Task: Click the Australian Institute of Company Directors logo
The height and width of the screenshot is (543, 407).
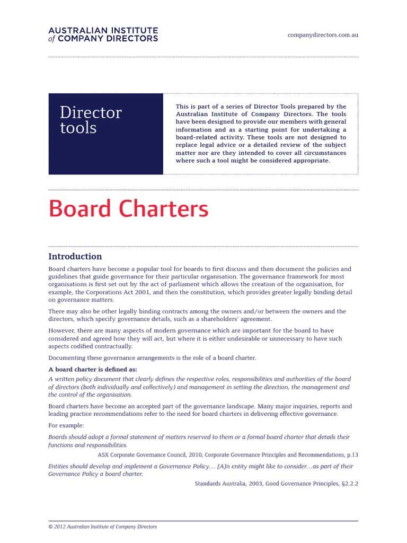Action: [103, 34]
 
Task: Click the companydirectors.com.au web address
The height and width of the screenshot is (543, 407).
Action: [323, 35]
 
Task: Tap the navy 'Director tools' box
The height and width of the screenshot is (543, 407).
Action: [105, 134]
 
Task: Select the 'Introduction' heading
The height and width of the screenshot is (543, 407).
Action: [75, 257]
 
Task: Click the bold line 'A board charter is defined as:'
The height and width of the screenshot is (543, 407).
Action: [93, 369]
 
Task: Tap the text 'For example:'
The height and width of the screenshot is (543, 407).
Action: [66, 425]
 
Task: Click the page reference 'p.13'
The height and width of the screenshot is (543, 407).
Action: [352, 455]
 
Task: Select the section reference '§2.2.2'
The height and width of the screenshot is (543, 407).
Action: [348, 484]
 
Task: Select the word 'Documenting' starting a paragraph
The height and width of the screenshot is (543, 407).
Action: [66, 358]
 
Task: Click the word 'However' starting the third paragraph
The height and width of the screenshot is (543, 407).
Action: [61, 330]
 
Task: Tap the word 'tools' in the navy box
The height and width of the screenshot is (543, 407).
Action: [78, 128]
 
